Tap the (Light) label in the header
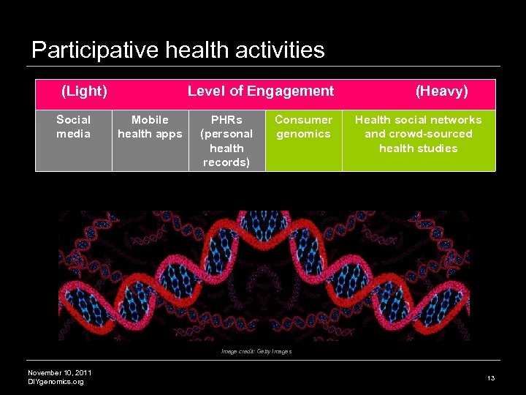(84, 91)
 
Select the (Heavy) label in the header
(441, 91)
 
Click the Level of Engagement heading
(260, 91)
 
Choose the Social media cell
(74, 127)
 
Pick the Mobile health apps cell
(150, 127)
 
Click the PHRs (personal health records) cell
(226, 140)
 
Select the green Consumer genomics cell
(303, 127)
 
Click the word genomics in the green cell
(303, 134)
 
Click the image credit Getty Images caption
(256, 352)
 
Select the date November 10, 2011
(59, 373)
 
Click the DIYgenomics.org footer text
(56, 382)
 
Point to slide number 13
(491, 378)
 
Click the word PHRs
(226, 120)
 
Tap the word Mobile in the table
(150, 120)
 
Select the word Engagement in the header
(290, 91)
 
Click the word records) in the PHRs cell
(226, 162)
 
